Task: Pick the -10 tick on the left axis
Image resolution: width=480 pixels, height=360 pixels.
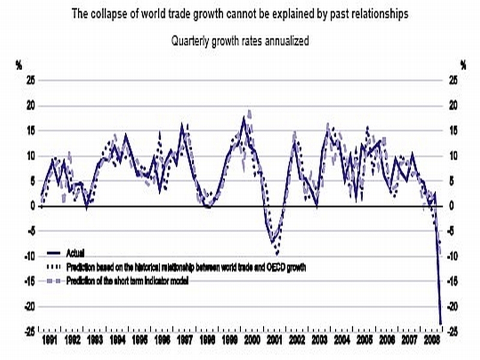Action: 28,256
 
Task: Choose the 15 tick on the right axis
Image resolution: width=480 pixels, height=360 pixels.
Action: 453,131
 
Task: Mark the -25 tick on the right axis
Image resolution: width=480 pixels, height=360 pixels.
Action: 454,331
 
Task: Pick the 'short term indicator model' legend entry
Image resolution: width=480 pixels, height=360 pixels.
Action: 138,280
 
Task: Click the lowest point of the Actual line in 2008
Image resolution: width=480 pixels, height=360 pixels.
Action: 441,324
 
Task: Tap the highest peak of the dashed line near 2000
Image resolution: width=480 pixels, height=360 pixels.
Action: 249,111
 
